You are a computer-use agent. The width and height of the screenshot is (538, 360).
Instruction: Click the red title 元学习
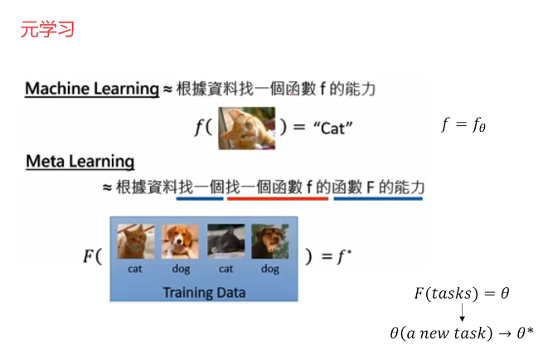coord(47,30)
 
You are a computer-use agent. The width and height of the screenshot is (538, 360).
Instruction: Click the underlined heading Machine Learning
coord(91,89)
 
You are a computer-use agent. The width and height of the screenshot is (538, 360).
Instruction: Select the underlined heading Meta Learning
coord(80,160)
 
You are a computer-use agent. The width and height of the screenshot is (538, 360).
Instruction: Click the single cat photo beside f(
coord(246,128)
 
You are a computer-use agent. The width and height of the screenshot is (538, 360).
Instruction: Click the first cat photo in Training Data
coord(134,241)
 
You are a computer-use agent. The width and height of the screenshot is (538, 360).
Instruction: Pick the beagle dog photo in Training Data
coord(179,241)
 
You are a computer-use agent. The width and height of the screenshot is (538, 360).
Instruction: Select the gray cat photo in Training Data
coord(225,241)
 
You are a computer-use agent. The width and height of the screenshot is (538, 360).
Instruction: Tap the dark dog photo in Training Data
coord(269,241)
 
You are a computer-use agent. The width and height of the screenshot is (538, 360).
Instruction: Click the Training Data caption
coord(203,292)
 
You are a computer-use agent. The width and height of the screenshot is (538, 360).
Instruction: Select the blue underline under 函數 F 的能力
coord(378,198)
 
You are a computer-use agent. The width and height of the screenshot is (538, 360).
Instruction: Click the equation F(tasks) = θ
coord(461,294)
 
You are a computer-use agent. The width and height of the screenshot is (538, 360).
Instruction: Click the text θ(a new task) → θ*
coord(461,333)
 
